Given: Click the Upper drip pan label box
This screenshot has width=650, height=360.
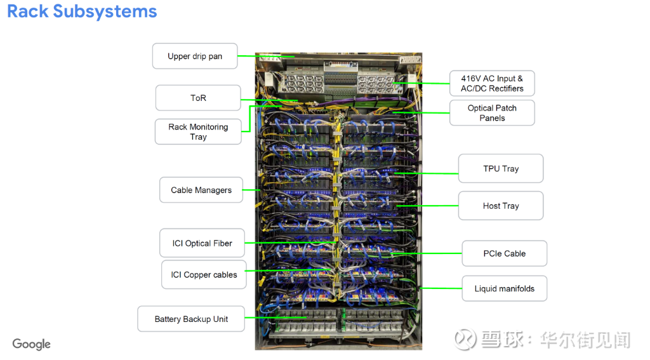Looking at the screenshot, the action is click(x=195, y=56).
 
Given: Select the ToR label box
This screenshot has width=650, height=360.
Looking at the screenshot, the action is click(x=198, y=98).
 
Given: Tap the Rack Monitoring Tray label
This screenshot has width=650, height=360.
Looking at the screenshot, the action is click(x=198, y=132).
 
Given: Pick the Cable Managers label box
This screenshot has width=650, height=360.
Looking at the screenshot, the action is click(x=201, y=190).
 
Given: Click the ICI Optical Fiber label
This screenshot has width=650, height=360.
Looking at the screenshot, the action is click(x=202, y=243).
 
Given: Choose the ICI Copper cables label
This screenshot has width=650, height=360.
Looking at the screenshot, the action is click(x=204, y=274).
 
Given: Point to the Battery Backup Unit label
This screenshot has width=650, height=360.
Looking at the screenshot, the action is click(x=191, y=319).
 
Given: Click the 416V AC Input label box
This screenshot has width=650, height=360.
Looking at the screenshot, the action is click(x=492, y=83).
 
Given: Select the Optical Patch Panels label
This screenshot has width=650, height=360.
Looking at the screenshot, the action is click(x=492, y=113).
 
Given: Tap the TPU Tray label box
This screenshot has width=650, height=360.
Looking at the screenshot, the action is click(x=501, y=168).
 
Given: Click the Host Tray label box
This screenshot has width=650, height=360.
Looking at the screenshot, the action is click(x=501, y=206).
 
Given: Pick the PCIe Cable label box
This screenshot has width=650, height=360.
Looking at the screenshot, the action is click(x=505, y=253).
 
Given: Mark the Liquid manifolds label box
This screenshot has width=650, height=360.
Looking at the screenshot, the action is click(x=505, y=289).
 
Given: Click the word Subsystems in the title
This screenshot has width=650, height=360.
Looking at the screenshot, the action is click(x=105, y=11).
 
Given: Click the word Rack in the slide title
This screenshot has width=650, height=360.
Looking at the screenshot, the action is click(x=28, y=11).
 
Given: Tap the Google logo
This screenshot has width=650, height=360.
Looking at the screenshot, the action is click(x=32, y=344).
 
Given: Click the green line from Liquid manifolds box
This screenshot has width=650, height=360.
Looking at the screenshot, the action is click(x=441, y=288).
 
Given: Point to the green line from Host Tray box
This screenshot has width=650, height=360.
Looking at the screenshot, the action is click(x=427, y=206).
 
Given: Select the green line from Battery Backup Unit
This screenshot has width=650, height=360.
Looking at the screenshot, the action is click(x=275, y=317).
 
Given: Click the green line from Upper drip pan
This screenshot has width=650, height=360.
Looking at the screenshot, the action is click(x=266, y=56).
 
